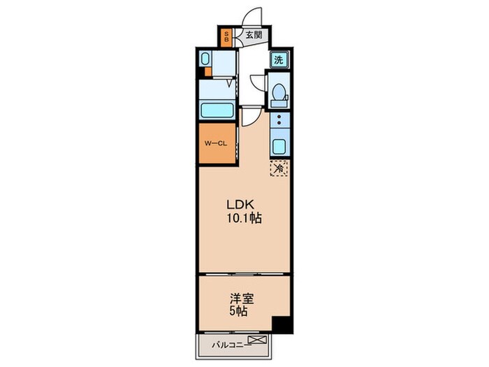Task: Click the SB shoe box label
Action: point(226,36)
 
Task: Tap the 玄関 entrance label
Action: point(254,35)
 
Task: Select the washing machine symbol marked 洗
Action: point(279,59)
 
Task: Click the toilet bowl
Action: point(279,92)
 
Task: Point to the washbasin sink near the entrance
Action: point(205,59)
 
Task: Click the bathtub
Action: point(217,110)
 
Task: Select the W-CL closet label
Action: point(215,143)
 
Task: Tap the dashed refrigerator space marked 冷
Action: point(279,168)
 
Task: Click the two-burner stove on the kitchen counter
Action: point(279,120)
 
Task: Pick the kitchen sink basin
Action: point(279,146)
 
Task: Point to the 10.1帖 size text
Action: point(245,218)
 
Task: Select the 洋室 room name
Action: point(242,299)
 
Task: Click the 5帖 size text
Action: point(239,312)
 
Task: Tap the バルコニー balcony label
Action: point(231,345)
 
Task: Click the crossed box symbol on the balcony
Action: point(258,339)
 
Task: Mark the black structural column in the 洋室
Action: point(282,325)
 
